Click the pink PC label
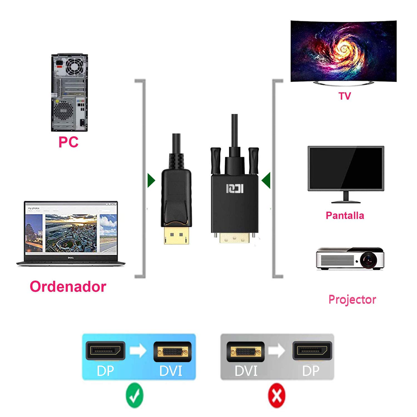point(68,142)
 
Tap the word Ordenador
point(68,287)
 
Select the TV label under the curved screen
point(345,96)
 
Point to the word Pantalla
point(345,215)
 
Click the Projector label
point(352,300)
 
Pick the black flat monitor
point(346,168)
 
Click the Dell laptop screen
point(71,229)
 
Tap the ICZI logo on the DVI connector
point(235,188)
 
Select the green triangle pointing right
point(151,180)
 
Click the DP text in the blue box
point(105,371)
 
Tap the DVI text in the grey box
point(246,371)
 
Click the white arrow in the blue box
point(138,351)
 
